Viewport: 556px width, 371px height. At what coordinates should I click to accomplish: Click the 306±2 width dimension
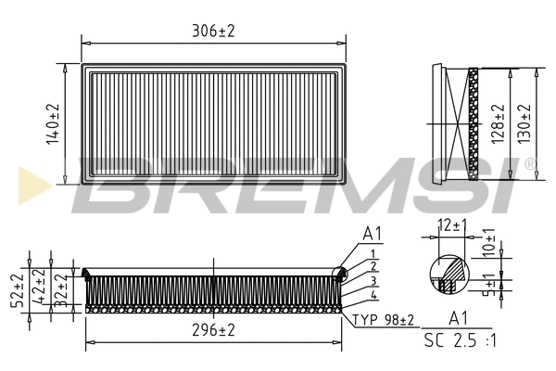click(213, 31)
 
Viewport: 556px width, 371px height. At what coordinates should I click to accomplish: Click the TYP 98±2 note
click(384, 321)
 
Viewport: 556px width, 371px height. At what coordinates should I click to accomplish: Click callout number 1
click(373, 253)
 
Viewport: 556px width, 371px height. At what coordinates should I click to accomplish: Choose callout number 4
click(373, 296)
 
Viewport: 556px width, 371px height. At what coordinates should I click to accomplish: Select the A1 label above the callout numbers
click(373, 232)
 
